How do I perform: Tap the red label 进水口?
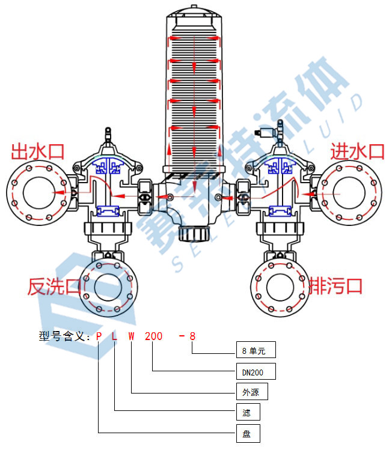pyautogui.click(x=357, y=151)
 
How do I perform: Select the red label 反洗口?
pyautogui.click(x=54, y=287)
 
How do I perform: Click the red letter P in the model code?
pyautogui.click(x=99, y=336)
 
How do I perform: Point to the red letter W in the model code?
pyautogui.click(x=131, y=336)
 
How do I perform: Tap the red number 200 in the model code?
pyautogui.click(x=153, y=336)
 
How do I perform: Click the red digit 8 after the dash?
pyautogui.click(x=192, y=336)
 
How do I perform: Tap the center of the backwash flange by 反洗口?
pyautogui.click(x=109, y=286)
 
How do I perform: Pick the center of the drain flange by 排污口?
pyautogui.click(x=280, y=286)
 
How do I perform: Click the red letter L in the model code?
pyautogui.click(x=115, y=336)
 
